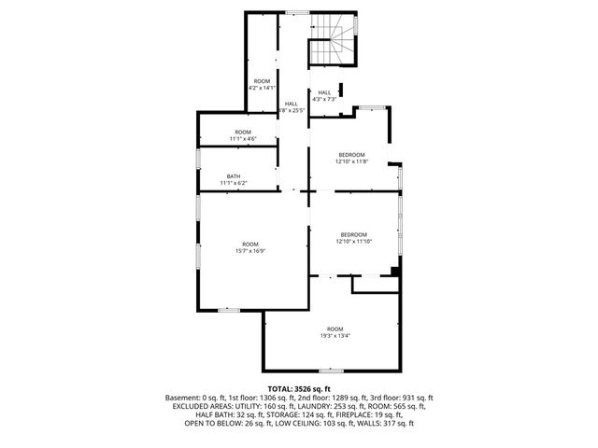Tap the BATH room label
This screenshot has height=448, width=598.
click(234, 176)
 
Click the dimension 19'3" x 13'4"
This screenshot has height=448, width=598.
click(335, 336)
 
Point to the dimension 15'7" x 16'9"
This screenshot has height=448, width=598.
click(251, 250)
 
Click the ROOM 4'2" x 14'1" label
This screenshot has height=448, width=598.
click(262, 81)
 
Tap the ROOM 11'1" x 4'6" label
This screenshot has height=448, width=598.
click(243, 132)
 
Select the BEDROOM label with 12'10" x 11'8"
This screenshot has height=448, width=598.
click(351, 154)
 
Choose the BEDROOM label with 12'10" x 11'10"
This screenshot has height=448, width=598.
click(353, 234)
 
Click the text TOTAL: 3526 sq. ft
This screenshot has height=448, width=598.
click(299, 387)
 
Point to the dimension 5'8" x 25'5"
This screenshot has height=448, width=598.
click(292, 110)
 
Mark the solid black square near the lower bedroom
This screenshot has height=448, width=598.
click(395, 272)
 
